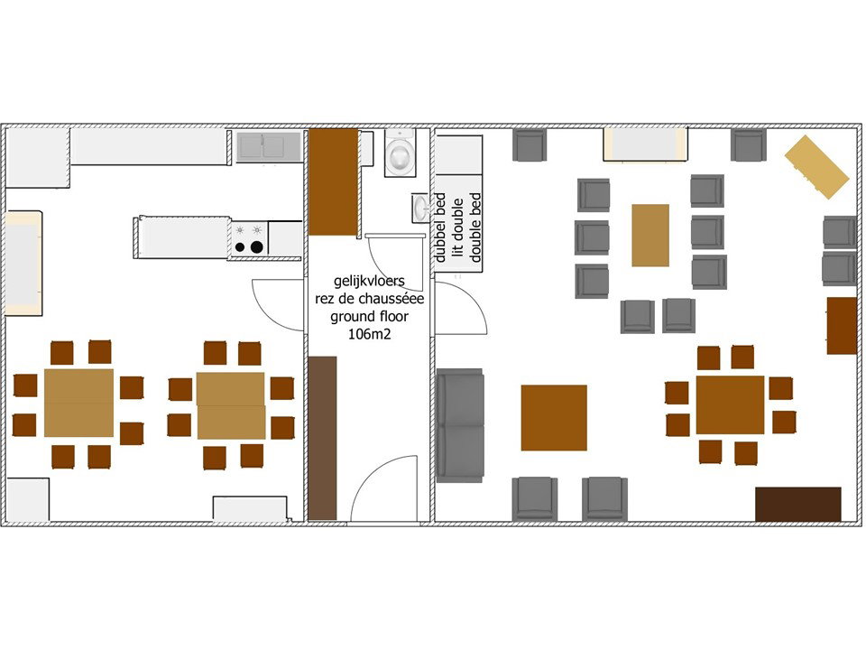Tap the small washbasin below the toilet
tap(421, 208)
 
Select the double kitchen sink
tap(269, 146)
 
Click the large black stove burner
tap(257, 247)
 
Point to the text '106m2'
tap(369, 334)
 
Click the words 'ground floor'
tap(369, 317)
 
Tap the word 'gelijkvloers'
tap(369, 281)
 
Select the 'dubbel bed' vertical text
tap(440, 227)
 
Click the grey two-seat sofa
tap(460, 425)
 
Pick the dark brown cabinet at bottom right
tap(798, 504)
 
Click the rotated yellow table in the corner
tap(817, 166)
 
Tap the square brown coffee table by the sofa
tap(554, 418)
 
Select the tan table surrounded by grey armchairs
tap(650, 236)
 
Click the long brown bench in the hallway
tap(323, 438)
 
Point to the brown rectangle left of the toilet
tap(333, 182)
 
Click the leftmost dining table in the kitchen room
tap(79, 403)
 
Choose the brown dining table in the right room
tap(730, 404)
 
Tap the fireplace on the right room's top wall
tap(645, 144)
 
